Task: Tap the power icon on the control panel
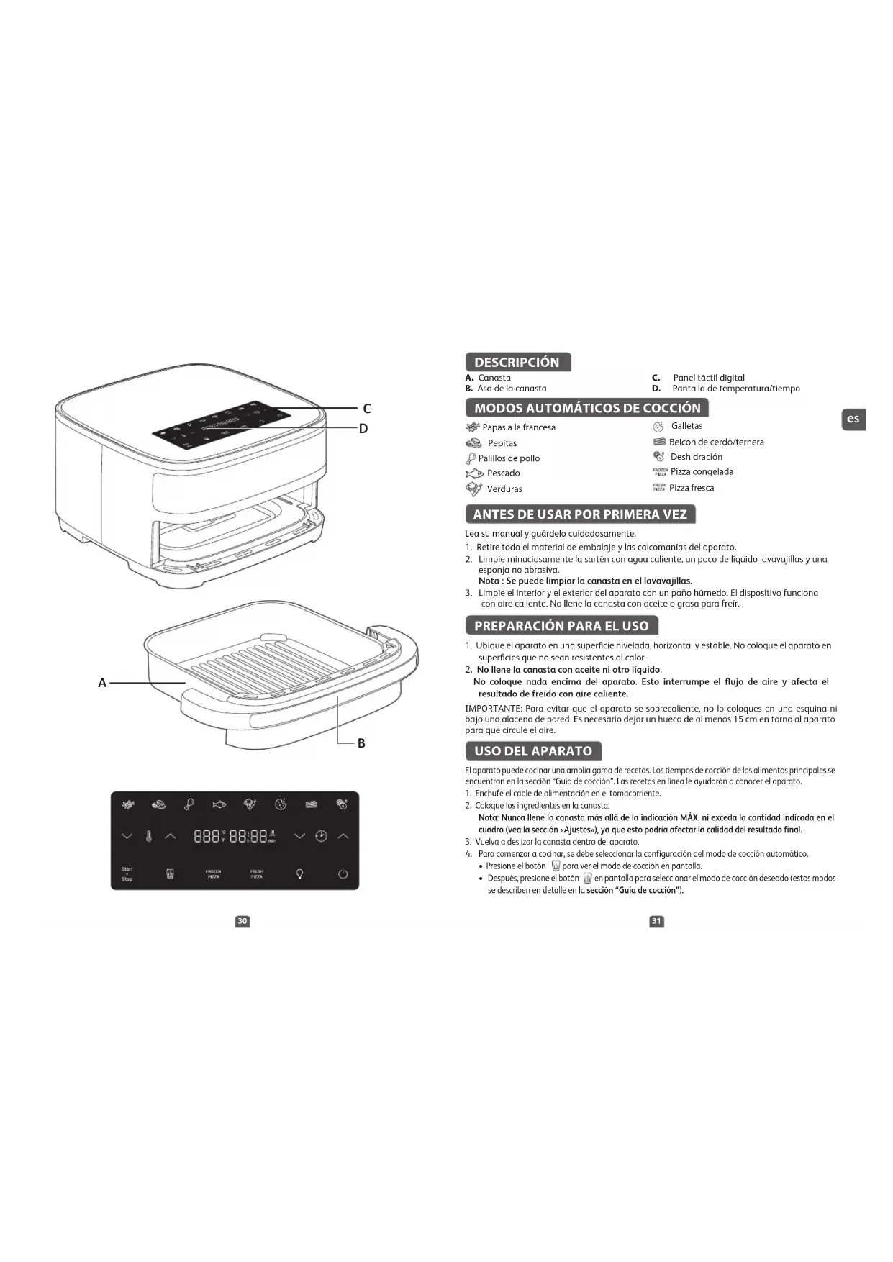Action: (x=343, y=874)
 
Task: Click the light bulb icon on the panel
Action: (x=299, y=874)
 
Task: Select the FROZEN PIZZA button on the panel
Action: (x=213, y=874)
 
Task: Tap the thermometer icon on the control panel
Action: (x=149, y=836)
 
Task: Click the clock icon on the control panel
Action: (x=321, y=836)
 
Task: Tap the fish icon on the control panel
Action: (x=219, y=804)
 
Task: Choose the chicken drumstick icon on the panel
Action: (x=189, y=804)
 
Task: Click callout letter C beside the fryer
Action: (x=367, y=409)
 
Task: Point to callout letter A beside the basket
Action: (x=102, y=683)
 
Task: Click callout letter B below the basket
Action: (x=361, y=743)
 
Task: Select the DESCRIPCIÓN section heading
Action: (x=517, y=362)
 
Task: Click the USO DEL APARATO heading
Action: (x=533, y=751)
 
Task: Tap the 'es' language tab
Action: (x=853, y=419)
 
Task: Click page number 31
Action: (x=656, y=921)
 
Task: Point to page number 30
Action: (x=242, y=921)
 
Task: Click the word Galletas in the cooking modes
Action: (x=686, y=426)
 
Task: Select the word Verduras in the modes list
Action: (x=504, y=489)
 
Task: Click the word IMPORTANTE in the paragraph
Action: (x=493, y=709)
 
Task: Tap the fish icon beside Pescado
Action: (x=473, y=473)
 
